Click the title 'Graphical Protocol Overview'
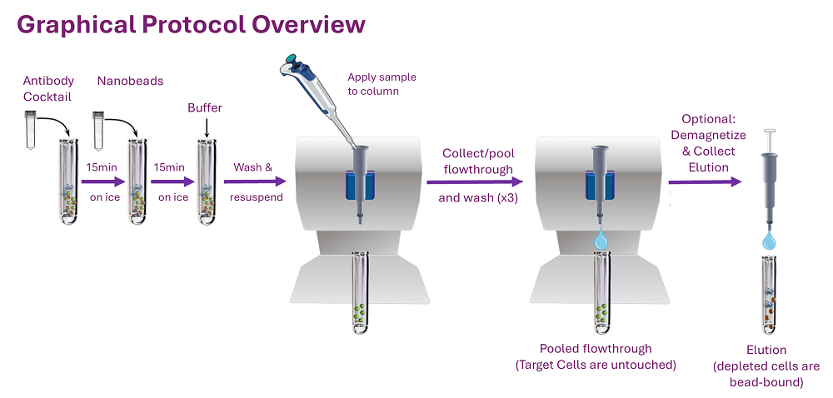click(x=191, y=24)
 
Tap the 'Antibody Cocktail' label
click(x=48, y=88)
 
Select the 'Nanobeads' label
click(x=130, y=81)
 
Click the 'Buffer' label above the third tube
click(x=205, y=108)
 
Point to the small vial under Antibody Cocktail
click(x=31, y=130)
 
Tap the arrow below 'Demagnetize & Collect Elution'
click(x=705, y=182)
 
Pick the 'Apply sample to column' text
click(x=382, y=84)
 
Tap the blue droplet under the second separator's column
click(x=600, y=241)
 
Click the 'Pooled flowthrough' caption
click(x=596, y=349)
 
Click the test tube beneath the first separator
click(x=359, y=295)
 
